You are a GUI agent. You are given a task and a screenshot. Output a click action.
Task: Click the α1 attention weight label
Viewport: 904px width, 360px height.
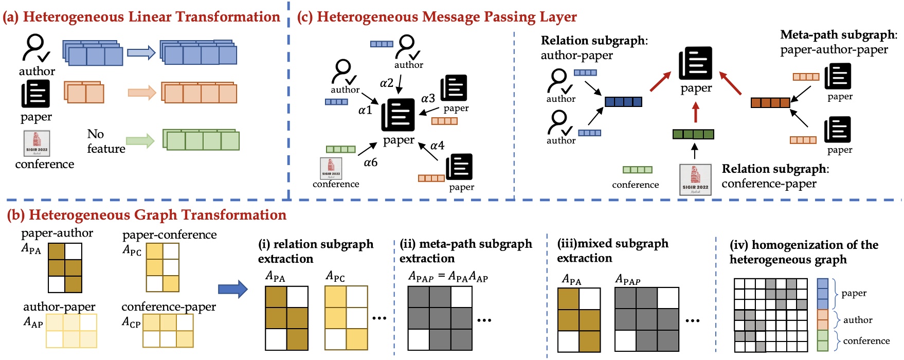(365, 110)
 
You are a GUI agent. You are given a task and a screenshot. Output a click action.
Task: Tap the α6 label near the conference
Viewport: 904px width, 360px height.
(370, 163)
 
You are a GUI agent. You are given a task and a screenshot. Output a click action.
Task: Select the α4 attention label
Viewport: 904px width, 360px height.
(437, 146)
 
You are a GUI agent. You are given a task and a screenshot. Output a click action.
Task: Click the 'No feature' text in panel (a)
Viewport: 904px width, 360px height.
(105, 141)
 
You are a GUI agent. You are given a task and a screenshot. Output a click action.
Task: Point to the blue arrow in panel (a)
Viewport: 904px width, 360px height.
(141, 52)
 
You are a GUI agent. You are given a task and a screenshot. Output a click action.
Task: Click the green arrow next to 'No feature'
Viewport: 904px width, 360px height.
(140, 140)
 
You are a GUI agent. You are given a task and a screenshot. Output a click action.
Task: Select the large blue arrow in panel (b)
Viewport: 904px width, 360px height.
(232, 289)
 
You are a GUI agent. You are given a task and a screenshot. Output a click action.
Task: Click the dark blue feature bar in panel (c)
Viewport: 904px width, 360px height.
(623, 102)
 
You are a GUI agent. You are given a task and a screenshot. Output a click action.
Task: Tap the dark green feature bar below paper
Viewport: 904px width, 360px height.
(693, 134)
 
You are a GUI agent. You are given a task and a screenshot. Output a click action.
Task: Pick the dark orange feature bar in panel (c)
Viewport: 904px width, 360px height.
(770, 103)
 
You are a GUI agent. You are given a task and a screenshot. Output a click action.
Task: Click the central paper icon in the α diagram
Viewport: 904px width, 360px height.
(398, 115)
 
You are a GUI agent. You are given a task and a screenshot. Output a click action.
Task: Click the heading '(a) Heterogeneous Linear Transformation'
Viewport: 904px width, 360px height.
(141, 17)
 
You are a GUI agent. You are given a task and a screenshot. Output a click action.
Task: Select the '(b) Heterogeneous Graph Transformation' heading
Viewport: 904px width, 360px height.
(147, 215)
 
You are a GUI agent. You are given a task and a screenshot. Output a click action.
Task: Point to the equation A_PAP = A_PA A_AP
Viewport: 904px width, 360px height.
(448, 277)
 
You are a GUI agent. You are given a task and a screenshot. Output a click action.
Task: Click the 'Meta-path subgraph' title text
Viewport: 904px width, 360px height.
(838, 35)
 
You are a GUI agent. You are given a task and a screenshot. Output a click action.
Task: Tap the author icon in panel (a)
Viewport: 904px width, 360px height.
(35, 48)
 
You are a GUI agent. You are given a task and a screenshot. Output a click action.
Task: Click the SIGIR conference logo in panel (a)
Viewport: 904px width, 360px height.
(37, 143)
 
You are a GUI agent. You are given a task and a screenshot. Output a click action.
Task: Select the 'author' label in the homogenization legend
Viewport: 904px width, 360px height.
(857, 320)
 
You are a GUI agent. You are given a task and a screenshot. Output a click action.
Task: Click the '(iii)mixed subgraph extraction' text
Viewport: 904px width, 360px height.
(612, 250)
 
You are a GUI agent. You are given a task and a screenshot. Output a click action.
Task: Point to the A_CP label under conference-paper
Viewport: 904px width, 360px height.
(131, 322)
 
